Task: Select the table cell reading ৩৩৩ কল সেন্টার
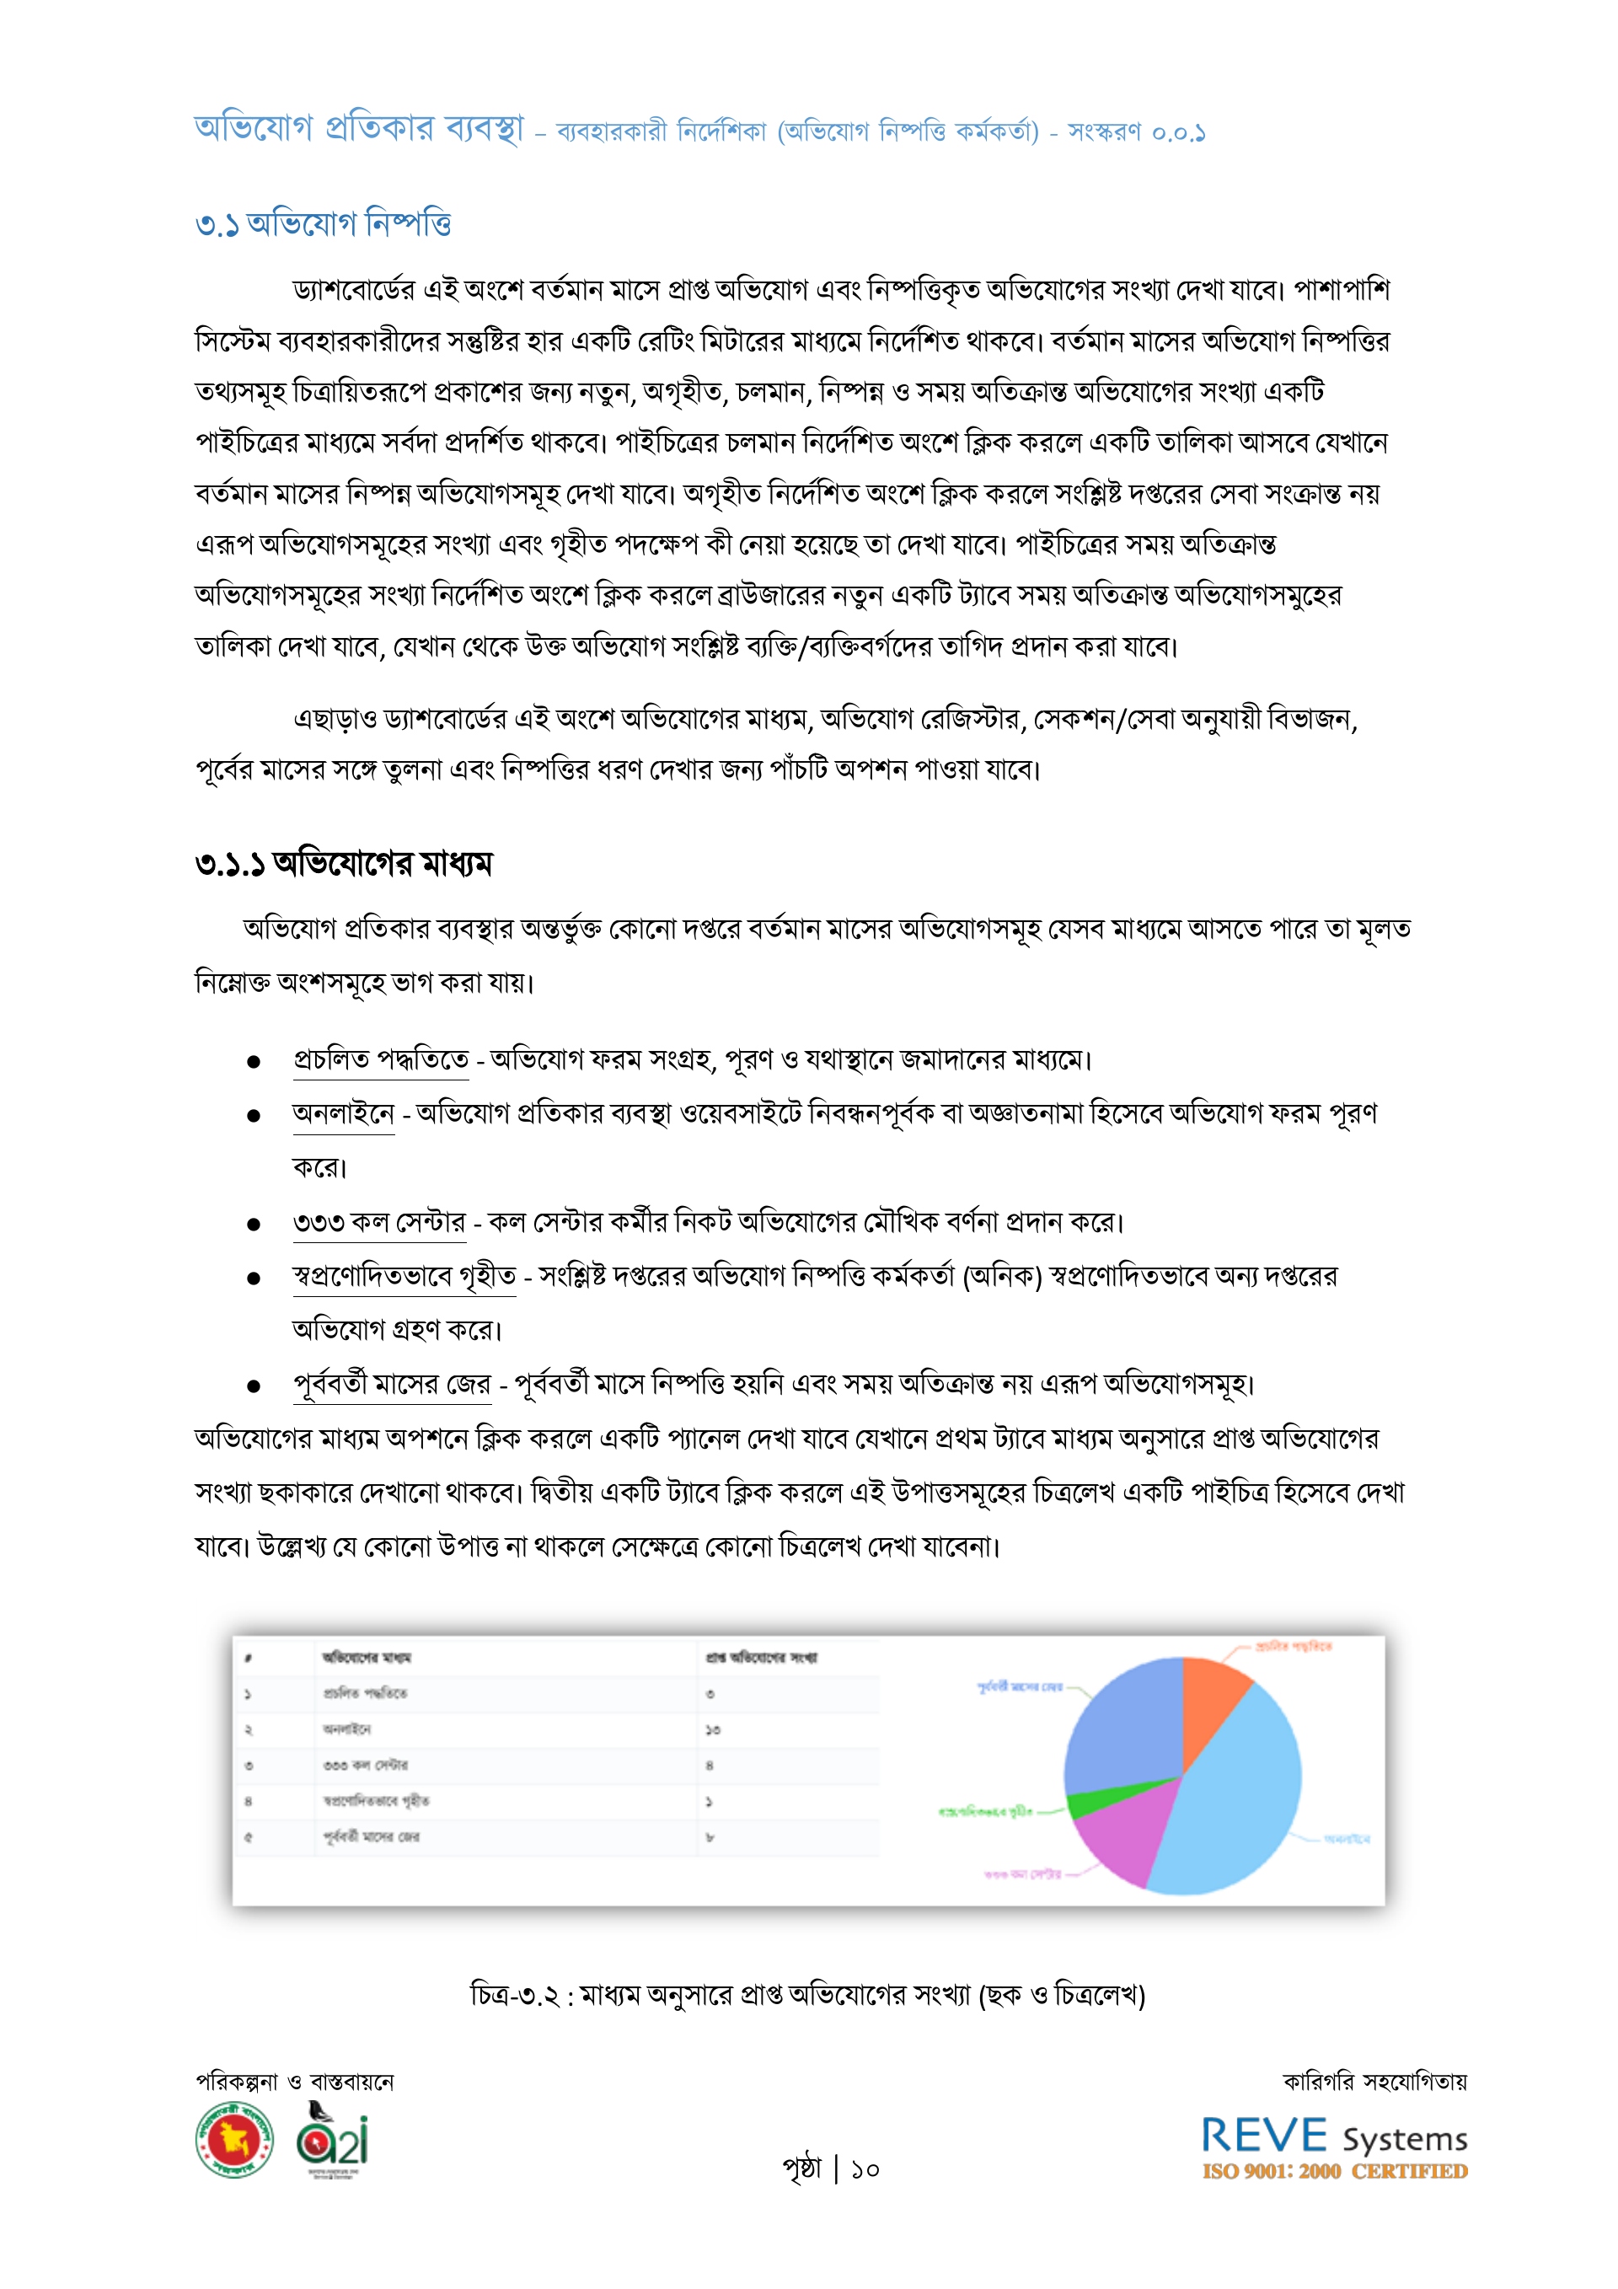click(x=365, y=1766)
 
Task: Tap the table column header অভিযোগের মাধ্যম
click(x=366, y=1658)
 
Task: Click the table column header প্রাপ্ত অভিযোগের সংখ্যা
click(x=762, y=1658)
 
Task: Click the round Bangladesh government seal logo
click(x=234, y=2140)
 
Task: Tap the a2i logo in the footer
click(x=333, y=2140)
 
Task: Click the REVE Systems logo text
click(x=1334, y=2136)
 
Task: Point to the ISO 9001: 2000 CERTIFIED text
click(x=1334, y=2171)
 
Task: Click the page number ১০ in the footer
click(x=865, y=2169)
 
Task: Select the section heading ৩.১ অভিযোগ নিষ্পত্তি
click(x=323, y=223)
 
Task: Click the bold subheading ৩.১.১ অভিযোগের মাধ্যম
click(x=344, y=862)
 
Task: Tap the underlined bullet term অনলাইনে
click(x=343, y=1113)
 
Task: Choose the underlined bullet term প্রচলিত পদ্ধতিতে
click(x=380, y=1059)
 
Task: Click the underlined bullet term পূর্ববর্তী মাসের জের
click(x=392, y=1384)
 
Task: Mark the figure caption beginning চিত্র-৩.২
click(x=807, y=1994)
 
